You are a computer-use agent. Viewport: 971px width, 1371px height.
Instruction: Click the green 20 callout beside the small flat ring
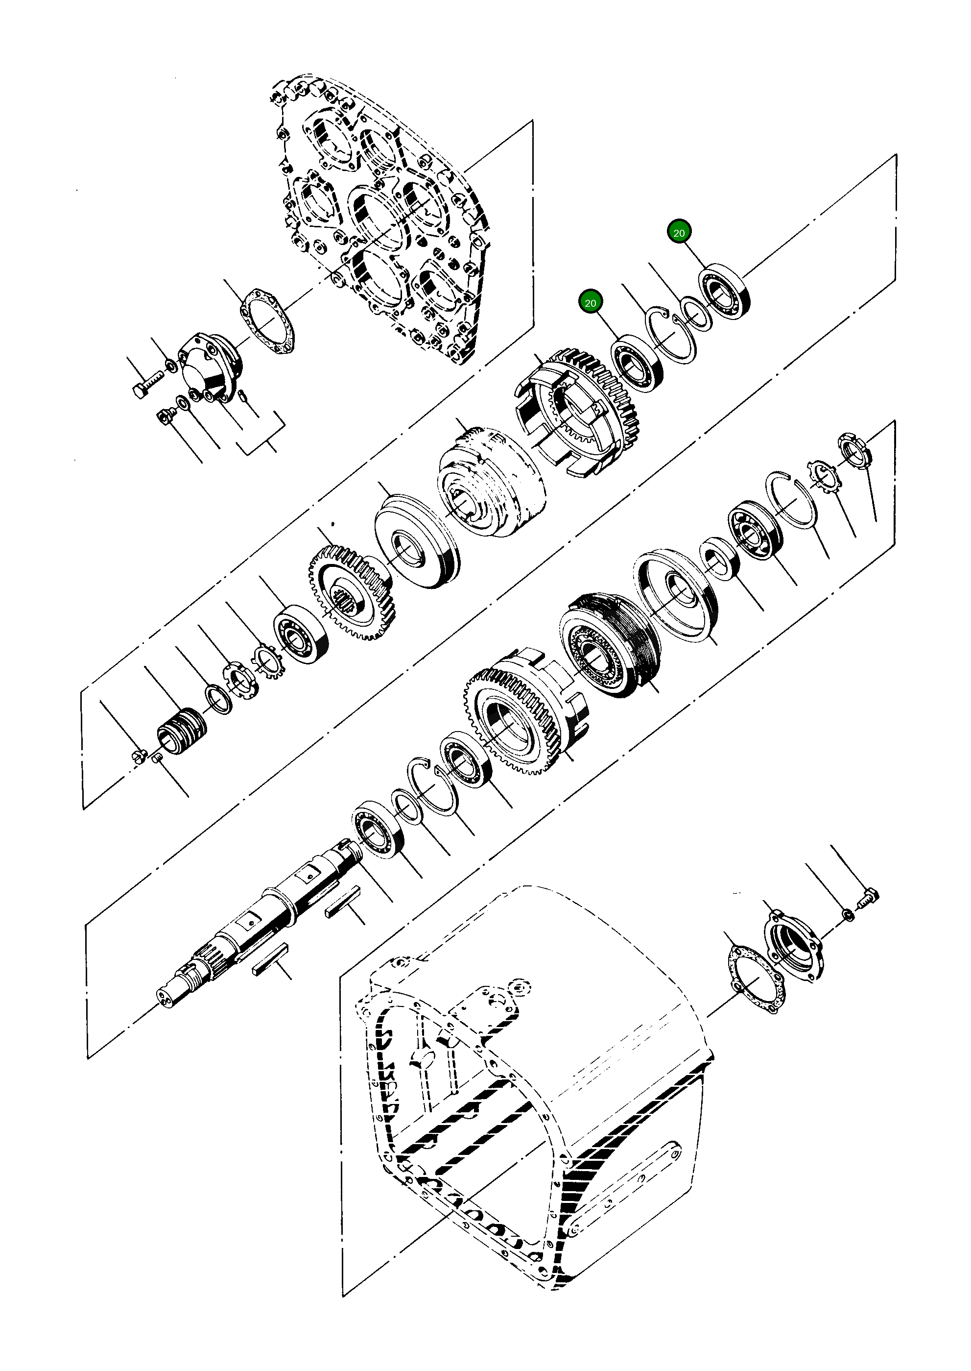click(x=679, y=232)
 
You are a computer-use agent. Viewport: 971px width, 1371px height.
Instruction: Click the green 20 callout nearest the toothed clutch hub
click(x=590, y=303)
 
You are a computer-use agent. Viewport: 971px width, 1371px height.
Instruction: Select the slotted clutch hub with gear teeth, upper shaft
click(x=577, y=413)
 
